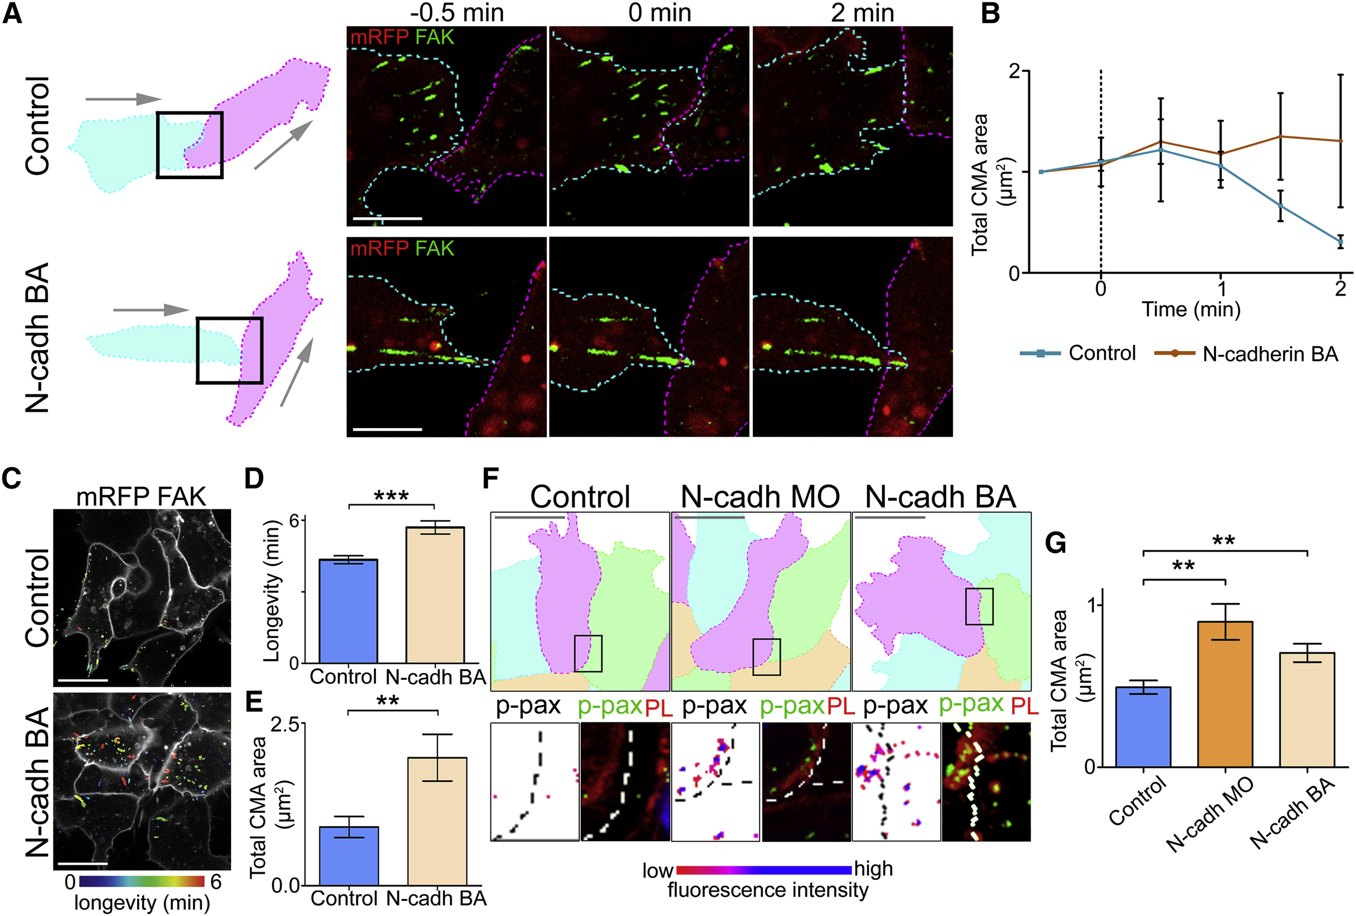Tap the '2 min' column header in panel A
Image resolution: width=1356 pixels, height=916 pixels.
tap(862, 12)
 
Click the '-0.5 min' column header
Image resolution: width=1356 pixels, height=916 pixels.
tap(457, 12)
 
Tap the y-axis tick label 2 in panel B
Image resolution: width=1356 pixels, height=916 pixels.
tap(1015, 71)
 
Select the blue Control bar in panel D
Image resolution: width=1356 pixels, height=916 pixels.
tap(348, 610)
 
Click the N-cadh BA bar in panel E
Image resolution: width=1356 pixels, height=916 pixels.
tap(437, 821)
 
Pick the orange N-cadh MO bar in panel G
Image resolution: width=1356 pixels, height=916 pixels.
tap(1225, 694)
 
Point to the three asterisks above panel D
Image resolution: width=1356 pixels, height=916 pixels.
tap(391, 496)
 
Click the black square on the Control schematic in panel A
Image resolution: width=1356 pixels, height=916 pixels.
tap(190, 145)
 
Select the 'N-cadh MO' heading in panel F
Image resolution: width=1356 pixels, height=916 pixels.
tap(760, 497)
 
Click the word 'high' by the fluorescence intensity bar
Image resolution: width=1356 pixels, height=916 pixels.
tap(873, 869)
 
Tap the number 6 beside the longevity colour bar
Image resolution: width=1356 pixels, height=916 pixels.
tap(216, 881)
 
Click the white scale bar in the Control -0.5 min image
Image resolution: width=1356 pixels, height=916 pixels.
tap(387, 219)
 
